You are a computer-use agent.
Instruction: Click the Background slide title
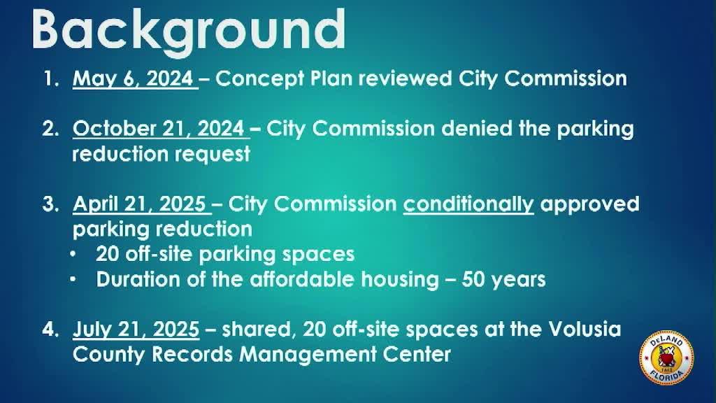[x=189, y=31]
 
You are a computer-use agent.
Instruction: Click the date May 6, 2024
[x=133, y=78]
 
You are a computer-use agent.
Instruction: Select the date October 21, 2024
[x=159, y=129]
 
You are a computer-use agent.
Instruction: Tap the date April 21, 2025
[x=139, y=204]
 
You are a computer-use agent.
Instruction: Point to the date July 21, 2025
[x=136, y=330]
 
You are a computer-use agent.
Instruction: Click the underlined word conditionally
[x=468, y=204]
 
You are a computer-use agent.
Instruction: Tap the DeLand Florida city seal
[x=666, y=358]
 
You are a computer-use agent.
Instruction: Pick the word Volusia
[x=585, y=329]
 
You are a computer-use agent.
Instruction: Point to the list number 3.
[x=50, y=204]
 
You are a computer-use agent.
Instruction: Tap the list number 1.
[x=51, y=78]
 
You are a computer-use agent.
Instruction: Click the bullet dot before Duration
[x=73, y=279]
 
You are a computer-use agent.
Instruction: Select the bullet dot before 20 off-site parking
[x=73, y=254]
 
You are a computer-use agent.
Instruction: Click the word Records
[x=192, y=354]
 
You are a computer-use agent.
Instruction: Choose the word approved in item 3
[x=589, y=205]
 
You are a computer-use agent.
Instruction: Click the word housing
[x=400, y=280]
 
